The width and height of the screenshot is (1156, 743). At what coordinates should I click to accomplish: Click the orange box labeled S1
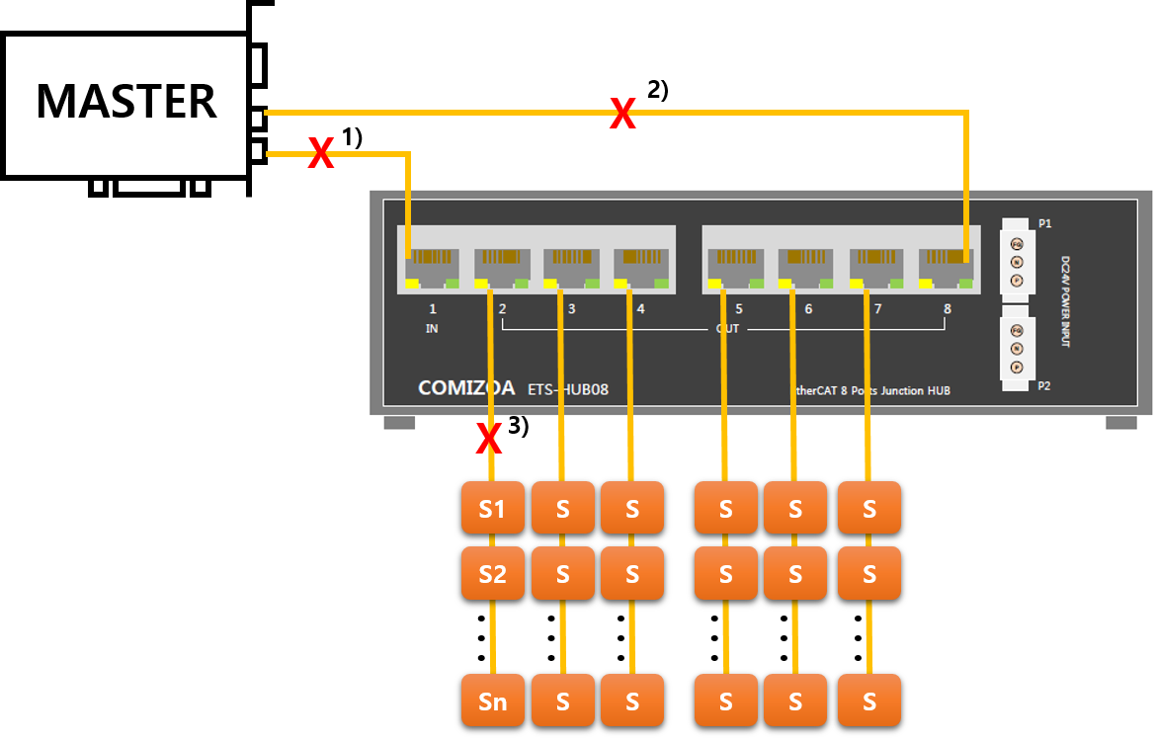(x=492, y=508)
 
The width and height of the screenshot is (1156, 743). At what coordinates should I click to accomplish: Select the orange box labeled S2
(x=492, y=573)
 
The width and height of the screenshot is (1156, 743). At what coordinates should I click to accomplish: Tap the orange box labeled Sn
(x=492, y=701)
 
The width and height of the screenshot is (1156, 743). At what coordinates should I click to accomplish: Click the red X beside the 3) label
(x=488, y=440)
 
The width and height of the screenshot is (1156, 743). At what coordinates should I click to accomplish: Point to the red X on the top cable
(x=621, y=114)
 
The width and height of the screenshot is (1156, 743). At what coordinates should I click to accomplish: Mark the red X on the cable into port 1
(x=320, y=153)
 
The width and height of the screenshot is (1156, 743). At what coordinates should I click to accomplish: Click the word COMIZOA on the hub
(x=466, y=388)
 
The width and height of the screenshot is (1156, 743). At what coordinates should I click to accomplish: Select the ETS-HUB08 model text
(x=568, y=389)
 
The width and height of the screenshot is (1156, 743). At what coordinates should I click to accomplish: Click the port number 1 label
(x=433, y=309)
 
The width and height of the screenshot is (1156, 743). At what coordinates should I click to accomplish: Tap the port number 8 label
(x=947, y=309)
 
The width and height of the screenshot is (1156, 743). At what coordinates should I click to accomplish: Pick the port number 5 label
(x=739, y=309)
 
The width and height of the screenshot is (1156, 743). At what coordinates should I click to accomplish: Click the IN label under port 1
(x=432, y=328)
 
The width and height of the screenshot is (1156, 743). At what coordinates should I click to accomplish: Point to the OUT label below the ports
(x=727, y=328)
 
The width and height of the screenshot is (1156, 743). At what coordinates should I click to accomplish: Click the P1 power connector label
(x=1045, y=224)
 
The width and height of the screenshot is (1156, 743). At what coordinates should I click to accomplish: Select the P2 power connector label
(x=1045, y=386)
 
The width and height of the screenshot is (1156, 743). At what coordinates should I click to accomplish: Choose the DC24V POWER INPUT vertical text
(x=1066, y=300)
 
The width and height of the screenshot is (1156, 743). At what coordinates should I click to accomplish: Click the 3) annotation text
(x=519, y=426)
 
